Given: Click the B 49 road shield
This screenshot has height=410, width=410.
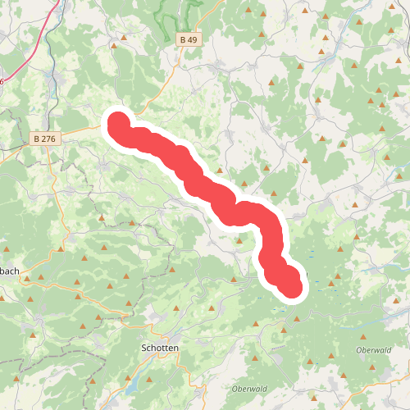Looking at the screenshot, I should click(189, 39).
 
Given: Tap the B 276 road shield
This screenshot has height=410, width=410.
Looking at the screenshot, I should click(45, 139).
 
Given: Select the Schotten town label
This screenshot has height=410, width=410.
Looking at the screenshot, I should click(160, 348).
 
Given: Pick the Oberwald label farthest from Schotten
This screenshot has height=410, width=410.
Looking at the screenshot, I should click(372, 350).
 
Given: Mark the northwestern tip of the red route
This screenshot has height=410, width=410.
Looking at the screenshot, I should click(118, 123).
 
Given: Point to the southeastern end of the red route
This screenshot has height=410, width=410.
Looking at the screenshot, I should click(291, 286).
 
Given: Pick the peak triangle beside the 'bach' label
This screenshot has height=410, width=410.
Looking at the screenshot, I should click(27, 279).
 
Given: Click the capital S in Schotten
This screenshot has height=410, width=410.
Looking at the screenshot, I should click(145, 348).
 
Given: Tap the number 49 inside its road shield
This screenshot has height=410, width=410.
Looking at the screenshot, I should click(192, 39).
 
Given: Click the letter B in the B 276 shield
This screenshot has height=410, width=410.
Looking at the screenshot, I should click(38, 139).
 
